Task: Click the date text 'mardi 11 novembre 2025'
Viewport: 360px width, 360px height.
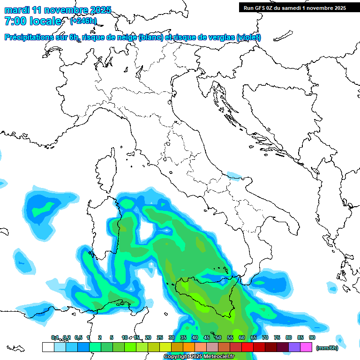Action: click(x=58, y=10)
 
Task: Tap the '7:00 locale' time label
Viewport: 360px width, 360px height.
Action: click(x=32, y=21)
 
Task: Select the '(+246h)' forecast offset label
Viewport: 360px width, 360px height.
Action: click(x=83, y=21)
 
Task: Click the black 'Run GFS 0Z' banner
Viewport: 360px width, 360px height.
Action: click(x=294, y=7)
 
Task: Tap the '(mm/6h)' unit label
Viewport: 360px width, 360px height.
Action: click(x=327, y=347)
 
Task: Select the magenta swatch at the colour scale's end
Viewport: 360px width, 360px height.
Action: click(x=306, y=347)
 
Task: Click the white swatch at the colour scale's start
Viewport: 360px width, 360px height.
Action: click(x=48, y=347)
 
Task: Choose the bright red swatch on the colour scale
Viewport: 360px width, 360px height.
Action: click(x=247, y=347)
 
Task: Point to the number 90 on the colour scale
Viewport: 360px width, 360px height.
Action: click(x=312, y=337)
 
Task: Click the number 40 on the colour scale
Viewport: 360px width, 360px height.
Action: click(x=195, y=337)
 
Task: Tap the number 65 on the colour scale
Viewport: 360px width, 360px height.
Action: click(x=253, y=337)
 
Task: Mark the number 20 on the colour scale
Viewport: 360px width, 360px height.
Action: click(x=148, y=337)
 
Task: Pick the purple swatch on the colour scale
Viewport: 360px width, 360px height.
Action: click(x=294, y=347)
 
